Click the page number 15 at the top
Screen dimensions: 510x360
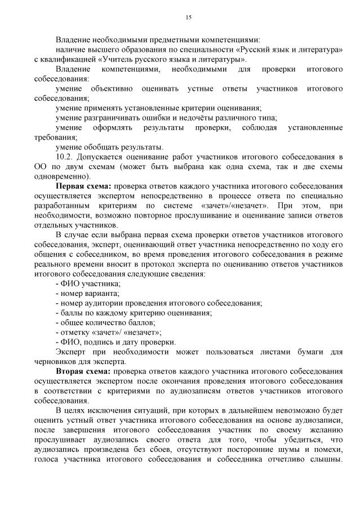click(x=189, y=17)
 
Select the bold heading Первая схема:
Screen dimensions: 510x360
click(x=82, y=185)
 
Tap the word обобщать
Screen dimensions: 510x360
click(x=104, y=147)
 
